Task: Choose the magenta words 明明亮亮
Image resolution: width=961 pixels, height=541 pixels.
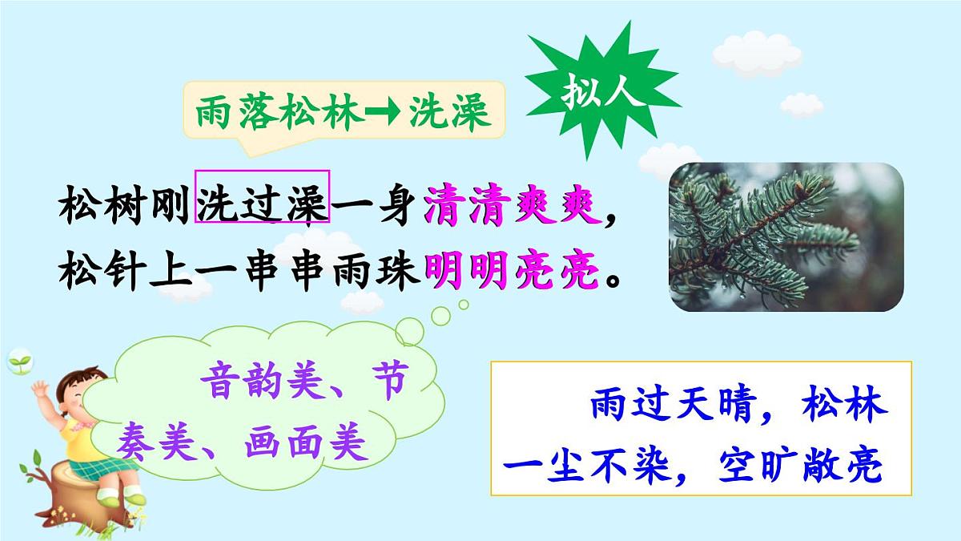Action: point(513,273)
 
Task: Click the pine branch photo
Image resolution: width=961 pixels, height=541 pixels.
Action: point(786,237)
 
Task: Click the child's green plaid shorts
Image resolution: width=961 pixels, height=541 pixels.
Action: point(92,465)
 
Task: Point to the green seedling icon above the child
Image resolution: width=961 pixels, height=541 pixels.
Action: point(18,361)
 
